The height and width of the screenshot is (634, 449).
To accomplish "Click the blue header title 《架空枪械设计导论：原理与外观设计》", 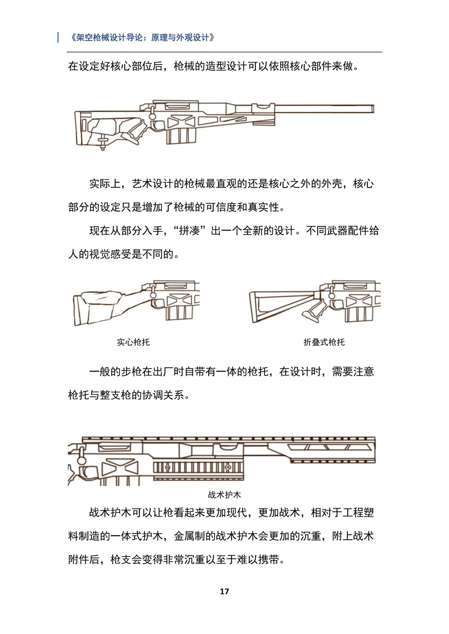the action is coord(142,37).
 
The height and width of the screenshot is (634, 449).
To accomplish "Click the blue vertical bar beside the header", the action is coord(58,37).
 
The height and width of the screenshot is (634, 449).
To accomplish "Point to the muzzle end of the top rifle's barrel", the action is coord(373,109).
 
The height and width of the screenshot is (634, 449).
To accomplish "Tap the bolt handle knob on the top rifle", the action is coord(152,116).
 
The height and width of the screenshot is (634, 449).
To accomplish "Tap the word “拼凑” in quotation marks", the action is coord(189,231).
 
